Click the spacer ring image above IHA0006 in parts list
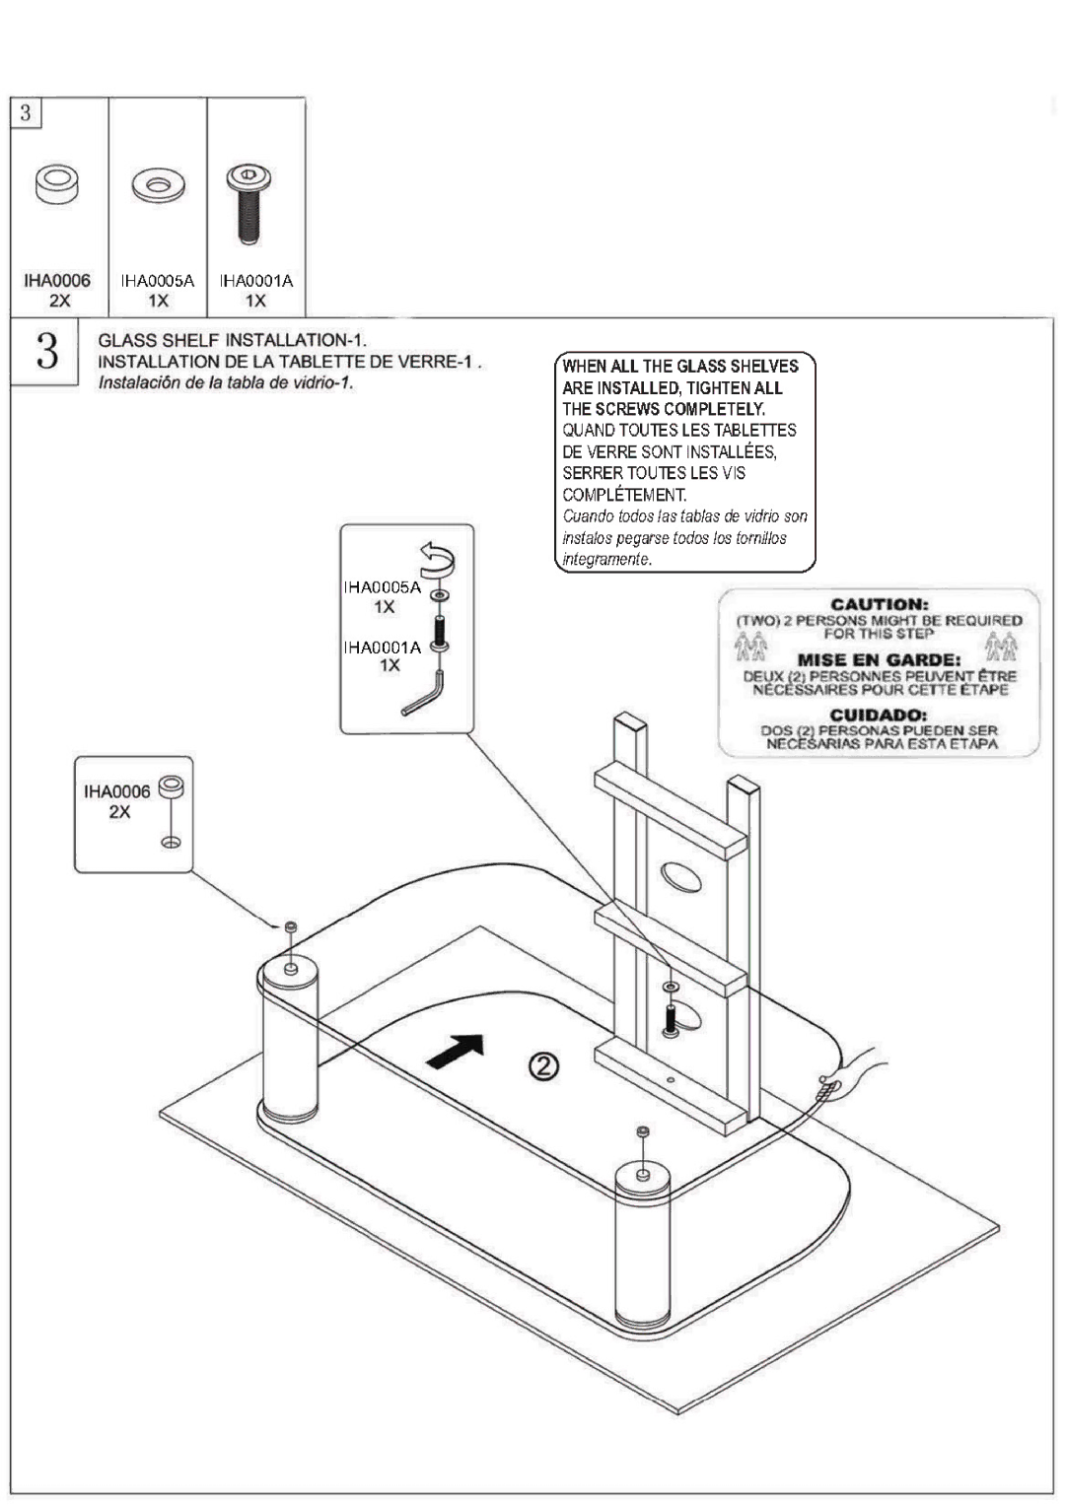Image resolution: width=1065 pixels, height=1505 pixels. (x=57, y=184)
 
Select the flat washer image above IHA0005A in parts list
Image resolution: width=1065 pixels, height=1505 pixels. (x=158, y=185)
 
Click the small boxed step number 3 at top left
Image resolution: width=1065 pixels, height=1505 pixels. (x=26, y=112)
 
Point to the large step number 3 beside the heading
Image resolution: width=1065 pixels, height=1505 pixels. (x=45, y=352)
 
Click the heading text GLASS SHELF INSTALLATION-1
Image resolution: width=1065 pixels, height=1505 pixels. (x=232, y=341)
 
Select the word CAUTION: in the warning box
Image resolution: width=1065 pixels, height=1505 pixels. (x=880, y=604)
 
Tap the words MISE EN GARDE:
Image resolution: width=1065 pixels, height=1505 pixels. (x=879, y=659)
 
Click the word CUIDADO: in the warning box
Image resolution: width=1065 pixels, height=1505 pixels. (x=879, y=715)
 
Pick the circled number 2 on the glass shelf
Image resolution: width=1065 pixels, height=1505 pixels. (x=544, y=1066)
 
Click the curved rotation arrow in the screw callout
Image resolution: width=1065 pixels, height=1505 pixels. (x=437, y=560)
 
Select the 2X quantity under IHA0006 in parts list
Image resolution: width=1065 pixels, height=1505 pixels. (x=59, y=301)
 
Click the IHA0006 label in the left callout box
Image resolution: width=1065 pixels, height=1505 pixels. (x=116, y=791)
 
